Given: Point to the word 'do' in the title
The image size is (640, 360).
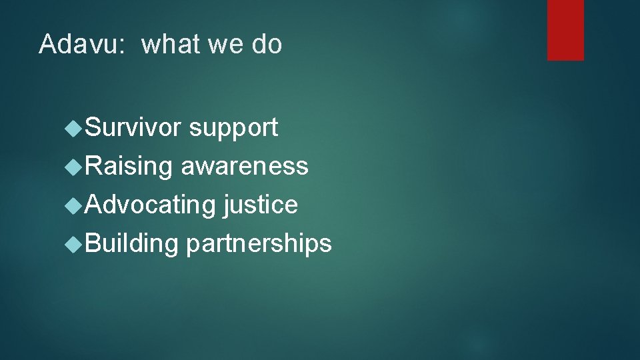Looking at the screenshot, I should click(x=267, y=45).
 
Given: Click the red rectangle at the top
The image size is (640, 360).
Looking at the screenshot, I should click(x=565, y=30).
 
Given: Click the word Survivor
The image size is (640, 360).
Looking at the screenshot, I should click(x=133, y=127).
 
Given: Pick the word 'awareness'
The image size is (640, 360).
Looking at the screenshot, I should click(x=245, y=166).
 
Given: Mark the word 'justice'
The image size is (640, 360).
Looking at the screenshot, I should click(x=261, y=205).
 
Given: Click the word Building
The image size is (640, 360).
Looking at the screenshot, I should click(x=132, y=244).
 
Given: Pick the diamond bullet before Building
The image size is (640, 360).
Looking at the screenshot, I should click(x=75, y=244).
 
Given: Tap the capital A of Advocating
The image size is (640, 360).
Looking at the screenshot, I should click(x=94, y=205).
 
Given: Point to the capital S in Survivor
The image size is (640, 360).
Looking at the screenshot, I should click(x=94, y=127).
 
